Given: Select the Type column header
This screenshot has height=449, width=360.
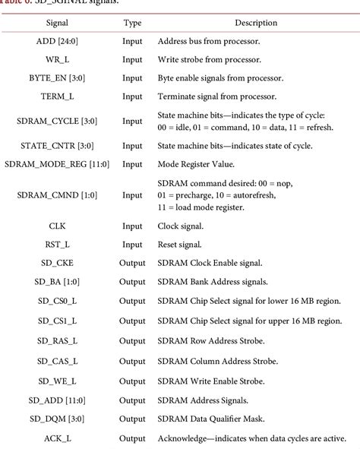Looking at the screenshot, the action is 132,23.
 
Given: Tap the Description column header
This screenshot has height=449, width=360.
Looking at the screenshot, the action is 255,23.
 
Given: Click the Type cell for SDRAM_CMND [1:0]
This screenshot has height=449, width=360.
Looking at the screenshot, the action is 132,194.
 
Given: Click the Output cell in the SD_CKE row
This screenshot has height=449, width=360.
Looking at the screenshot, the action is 132,263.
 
